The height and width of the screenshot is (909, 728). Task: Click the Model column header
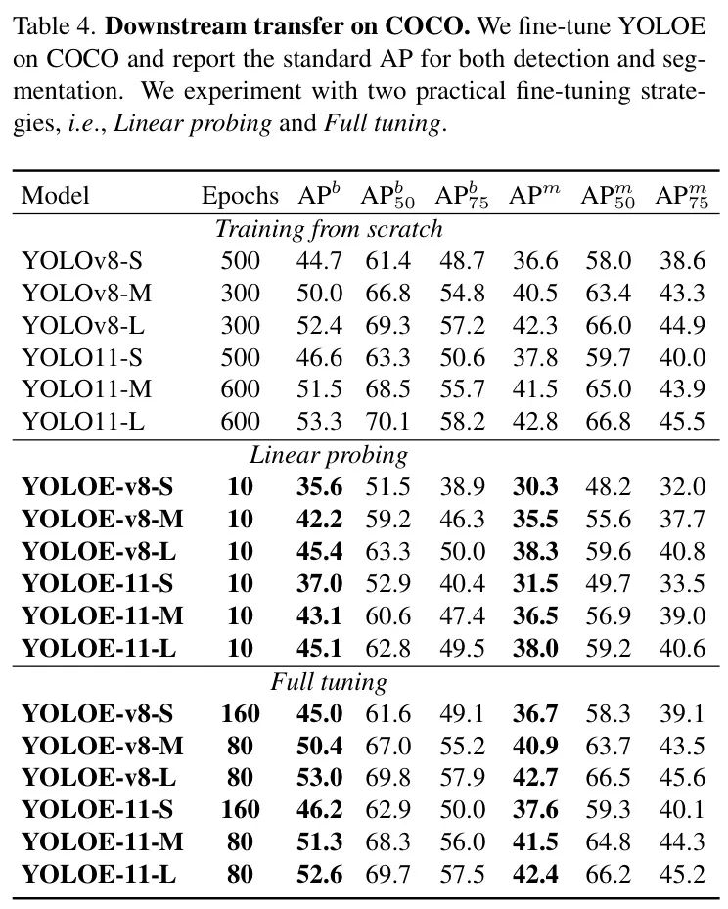pos(55,196)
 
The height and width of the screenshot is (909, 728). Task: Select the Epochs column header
pos(240,196)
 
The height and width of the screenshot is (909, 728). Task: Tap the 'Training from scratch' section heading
pos(329,229)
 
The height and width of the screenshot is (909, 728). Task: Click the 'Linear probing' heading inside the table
pos(329,455)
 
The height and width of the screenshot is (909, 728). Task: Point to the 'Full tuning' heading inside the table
pos(329,681)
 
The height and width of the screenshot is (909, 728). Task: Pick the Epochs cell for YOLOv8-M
pos(240,294)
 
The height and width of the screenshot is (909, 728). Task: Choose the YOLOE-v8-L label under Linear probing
pos(99,551)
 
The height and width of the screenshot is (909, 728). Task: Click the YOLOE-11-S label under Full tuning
pos(97,809)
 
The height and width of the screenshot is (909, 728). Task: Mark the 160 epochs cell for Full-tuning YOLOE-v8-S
pos(240,713)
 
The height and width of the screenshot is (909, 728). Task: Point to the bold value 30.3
pos(533,487)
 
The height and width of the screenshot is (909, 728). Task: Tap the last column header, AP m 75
pos(680,196)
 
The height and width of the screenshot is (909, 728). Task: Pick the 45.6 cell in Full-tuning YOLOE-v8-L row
pos(680,777)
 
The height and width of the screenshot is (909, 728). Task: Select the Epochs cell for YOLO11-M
pos(240,389)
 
